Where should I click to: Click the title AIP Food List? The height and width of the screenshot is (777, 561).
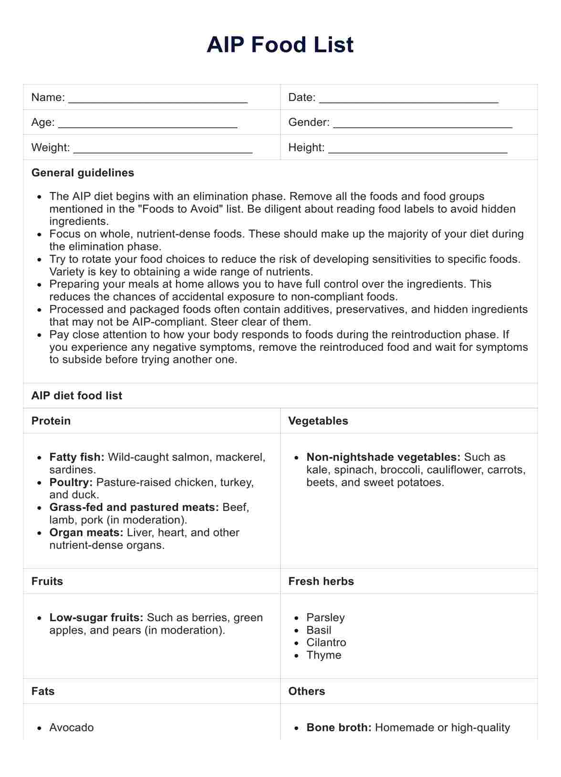tap(280, 45)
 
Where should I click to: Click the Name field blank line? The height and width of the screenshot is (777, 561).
tap(158, 100)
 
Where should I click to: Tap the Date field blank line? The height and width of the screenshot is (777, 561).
tap(408, 100)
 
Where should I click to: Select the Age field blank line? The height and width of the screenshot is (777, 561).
tap(147, 125)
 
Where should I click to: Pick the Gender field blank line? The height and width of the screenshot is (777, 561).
tap(422, 125)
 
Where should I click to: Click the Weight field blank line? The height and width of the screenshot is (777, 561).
tap(163, 150)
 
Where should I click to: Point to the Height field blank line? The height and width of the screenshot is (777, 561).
tap(417, 150)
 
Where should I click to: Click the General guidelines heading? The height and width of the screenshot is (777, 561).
tap(83, 173)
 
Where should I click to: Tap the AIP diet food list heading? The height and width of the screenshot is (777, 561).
tap(76, 396)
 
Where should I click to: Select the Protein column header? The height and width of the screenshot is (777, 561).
tap(51, 421)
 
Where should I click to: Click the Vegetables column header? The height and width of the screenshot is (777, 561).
tap(318, 421)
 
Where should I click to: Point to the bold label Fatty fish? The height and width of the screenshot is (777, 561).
tap(77, 457)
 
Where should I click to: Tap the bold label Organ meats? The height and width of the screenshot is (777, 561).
tap(86, 532)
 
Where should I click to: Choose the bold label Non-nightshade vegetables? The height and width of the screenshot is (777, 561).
tap(383, 457)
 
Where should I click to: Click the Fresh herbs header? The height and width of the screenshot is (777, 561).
tap(321, 581)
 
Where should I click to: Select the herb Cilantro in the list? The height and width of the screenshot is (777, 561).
tap(326, 643)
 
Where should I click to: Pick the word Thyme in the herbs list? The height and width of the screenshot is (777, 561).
tap(324, 655)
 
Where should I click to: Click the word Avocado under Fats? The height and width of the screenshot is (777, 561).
tap(72, 727)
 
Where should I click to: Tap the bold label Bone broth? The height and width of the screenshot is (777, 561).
tap(339, 727)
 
